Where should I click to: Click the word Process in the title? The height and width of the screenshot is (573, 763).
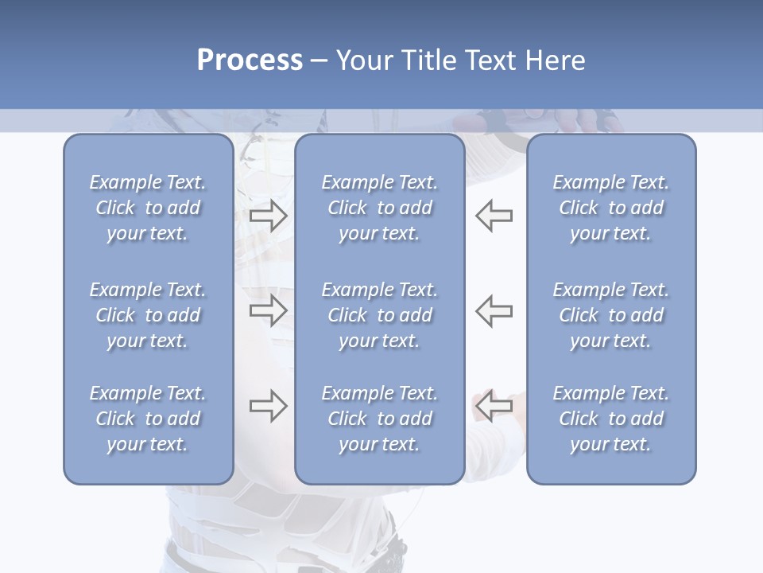(250, 60)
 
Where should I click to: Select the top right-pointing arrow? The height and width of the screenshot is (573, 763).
(268, 216)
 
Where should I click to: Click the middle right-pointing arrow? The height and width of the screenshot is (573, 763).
(268, 310)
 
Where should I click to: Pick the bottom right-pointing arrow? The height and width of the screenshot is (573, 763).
(268, 406)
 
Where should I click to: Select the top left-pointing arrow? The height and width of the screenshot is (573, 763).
(494, 216)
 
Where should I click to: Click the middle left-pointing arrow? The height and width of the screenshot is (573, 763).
(494, 310)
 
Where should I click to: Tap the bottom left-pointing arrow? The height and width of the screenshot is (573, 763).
(494, 406)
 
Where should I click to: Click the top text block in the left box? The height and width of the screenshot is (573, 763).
(148, 208)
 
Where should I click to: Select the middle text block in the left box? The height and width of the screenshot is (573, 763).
(148, 315)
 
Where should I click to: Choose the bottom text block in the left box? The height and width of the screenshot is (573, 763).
(148, 419)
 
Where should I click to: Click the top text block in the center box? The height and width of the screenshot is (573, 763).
(379, 208)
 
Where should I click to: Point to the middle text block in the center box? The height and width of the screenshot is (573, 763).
(379, 315)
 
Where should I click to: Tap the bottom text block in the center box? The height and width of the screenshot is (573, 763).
(379, 419)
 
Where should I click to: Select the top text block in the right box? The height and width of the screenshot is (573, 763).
(610, 208)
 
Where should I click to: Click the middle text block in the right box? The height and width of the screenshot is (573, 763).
(610, 315)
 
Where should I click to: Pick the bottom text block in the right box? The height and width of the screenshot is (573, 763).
(610, 419)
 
